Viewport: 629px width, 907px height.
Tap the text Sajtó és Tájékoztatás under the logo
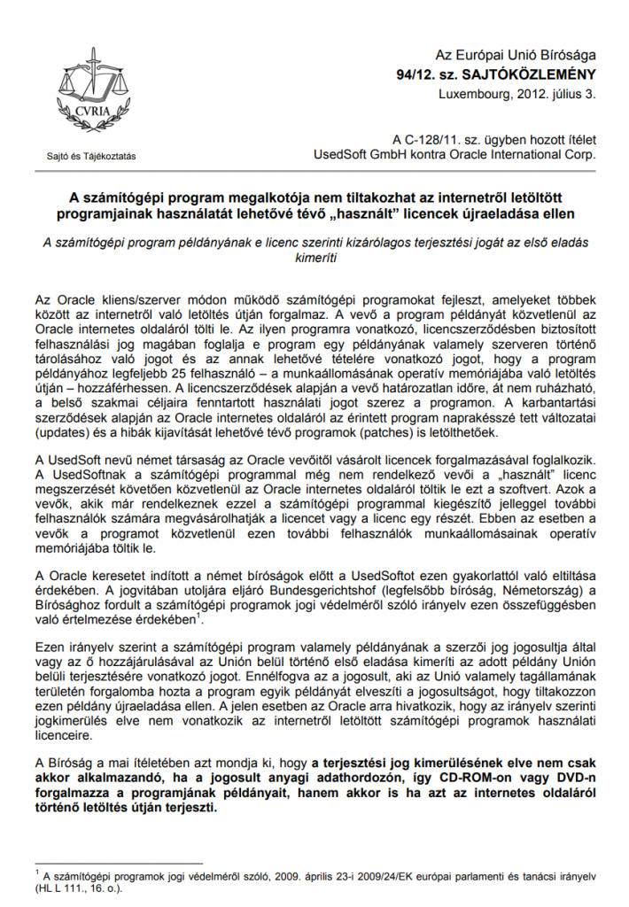[91, 157]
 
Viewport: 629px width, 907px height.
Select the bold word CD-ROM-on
[421, 779]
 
